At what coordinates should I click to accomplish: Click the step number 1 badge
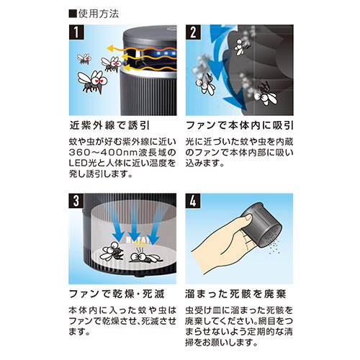(76, 32)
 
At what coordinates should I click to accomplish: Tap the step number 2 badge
(193, 32)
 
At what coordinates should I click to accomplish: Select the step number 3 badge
(76, 201)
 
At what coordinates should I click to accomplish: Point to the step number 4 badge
(193, 201)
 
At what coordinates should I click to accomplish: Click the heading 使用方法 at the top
(94, 14)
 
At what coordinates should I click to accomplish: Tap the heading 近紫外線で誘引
(109, 125)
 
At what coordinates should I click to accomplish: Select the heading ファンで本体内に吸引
(240, 125)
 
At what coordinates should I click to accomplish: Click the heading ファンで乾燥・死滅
(117, 294)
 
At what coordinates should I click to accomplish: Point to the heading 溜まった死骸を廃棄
(235, 294)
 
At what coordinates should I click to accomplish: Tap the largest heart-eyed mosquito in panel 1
(92, 81)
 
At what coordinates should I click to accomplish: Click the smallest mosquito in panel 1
(84, 59)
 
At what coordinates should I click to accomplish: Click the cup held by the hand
(262, 225)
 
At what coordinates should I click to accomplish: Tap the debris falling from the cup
(274, 247)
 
